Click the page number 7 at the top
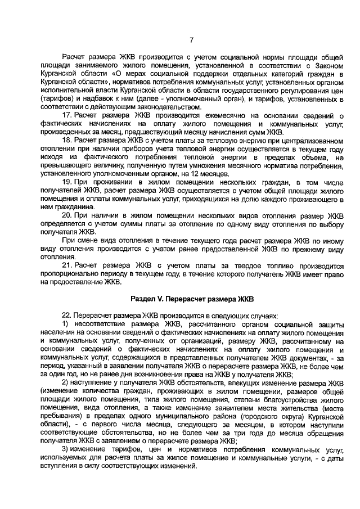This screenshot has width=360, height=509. point(191,39)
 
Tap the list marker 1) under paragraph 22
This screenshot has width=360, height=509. point(65,325)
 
